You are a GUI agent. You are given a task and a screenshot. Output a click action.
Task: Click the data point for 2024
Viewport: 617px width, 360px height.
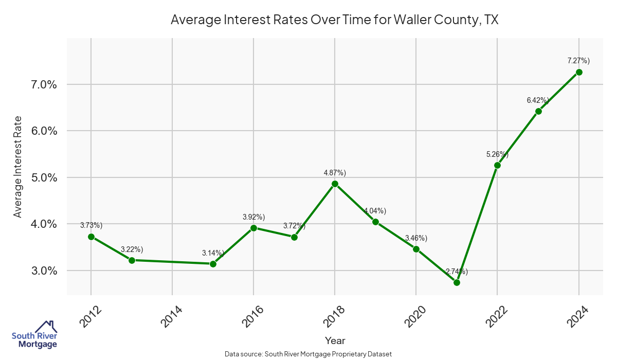pyautogui.click(x=579, y=72)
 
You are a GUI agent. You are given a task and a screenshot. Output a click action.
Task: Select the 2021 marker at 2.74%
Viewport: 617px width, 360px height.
pyautogui.click(x=457, y=282)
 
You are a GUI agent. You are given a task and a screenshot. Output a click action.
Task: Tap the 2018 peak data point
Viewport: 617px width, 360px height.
pyautogui.click(x=335, y=184)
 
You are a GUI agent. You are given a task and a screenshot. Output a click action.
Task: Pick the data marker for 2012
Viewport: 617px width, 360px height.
pyautogui.click(x=91, y=237)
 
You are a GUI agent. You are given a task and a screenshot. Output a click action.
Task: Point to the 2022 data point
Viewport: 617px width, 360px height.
pyautogui.click(x=497, y=165)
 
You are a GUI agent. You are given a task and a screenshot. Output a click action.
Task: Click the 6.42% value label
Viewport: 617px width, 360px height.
pyautogui.click(x=538, y=100)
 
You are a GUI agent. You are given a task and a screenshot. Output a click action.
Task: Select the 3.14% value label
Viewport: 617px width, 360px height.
pyautogui.click(x=213, y=253)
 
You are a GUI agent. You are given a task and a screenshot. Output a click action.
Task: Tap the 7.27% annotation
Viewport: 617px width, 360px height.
pyautogui.click(x=578, y=61)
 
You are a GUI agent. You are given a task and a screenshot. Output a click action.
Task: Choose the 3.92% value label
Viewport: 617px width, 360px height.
pyautogui.click(x=253, y=217)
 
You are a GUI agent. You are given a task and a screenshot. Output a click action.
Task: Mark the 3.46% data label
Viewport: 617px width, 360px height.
pyautogui.click(x=416, y=238)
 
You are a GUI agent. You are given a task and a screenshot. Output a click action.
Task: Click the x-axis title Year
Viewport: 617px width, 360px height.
pyautogui.click(x=335, y=340)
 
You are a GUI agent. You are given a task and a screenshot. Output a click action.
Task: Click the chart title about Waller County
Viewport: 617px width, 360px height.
pyautogui.click(x=335, y=20)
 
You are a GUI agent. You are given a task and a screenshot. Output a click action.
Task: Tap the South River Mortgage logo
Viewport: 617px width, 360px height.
pyautogui.click(x=34, y=334)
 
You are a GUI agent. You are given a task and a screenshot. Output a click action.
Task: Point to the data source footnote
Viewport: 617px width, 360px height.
pyautogui.click(x=308, y=354)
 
